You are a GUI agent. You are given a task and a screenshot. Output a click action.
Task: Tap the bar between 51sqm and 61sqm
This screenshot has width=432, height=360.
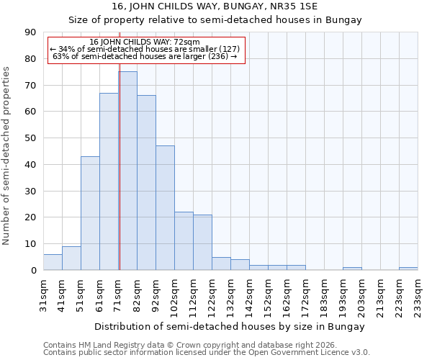click(90, 213)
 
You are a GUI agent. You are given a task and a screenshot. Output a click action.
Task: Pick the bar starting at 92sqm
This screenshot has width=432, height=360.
click(165, 208)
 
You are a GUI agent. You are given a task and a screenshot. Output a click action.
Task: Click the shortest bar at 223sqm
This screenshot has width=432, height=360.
click(408, 269)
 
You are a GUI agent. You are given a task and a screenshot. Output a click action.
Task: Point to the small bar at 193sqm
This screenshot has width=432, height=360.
click(352, 269)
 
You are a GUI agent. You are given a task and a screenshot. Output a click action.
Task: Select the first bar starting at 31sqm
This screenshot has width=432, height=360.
click(53, 262)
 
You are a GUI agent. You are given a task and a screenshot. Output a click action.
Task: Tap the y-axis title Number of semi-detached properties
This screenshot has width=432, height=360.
click(7, 156)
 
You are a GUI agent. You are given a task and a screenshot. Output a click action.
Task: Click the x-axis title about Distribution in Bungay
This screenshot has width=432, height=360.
click(230, 326)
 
